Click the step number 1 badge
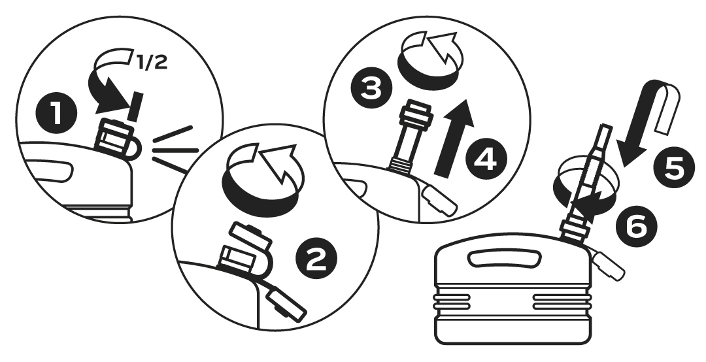[x=56, y=113]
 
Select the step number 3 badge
[x=371, y=88]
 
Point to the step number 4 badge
[x=487, y=159]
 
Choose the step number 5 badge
[x=674, y=167]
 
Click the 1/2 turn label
[x=152, y=63]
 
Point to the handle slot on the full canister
[x=503, y=259]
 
